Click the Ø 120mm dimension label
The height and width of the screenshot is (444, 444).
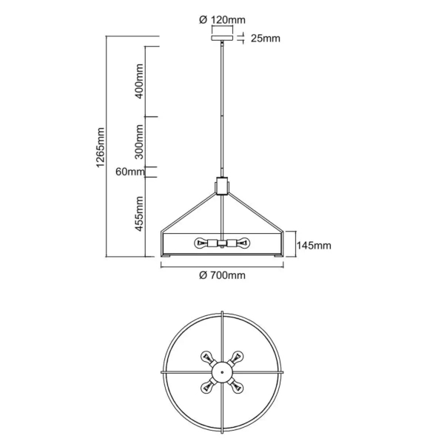point(222,20)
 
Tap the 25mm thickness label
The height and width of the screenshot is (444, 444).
point(266,38)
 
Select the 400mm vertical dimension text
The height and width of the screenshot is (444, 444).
point(139,81)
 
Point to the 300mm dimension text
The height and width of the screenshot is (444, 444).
point(139,142)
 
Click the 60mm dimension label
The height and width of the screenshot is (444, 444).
point(130,172)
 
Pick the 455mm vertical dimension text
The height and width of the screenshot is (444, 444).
point(139,214)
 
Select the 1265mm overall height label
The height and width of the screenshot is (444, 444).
point(100,147)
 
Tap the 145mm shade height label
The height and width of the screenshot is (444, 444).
point(314,245)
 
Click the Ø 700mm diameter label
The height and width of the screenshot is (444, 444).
point(222,275)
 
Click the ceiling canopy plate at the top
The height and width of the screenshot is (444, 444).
point(222,38)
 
